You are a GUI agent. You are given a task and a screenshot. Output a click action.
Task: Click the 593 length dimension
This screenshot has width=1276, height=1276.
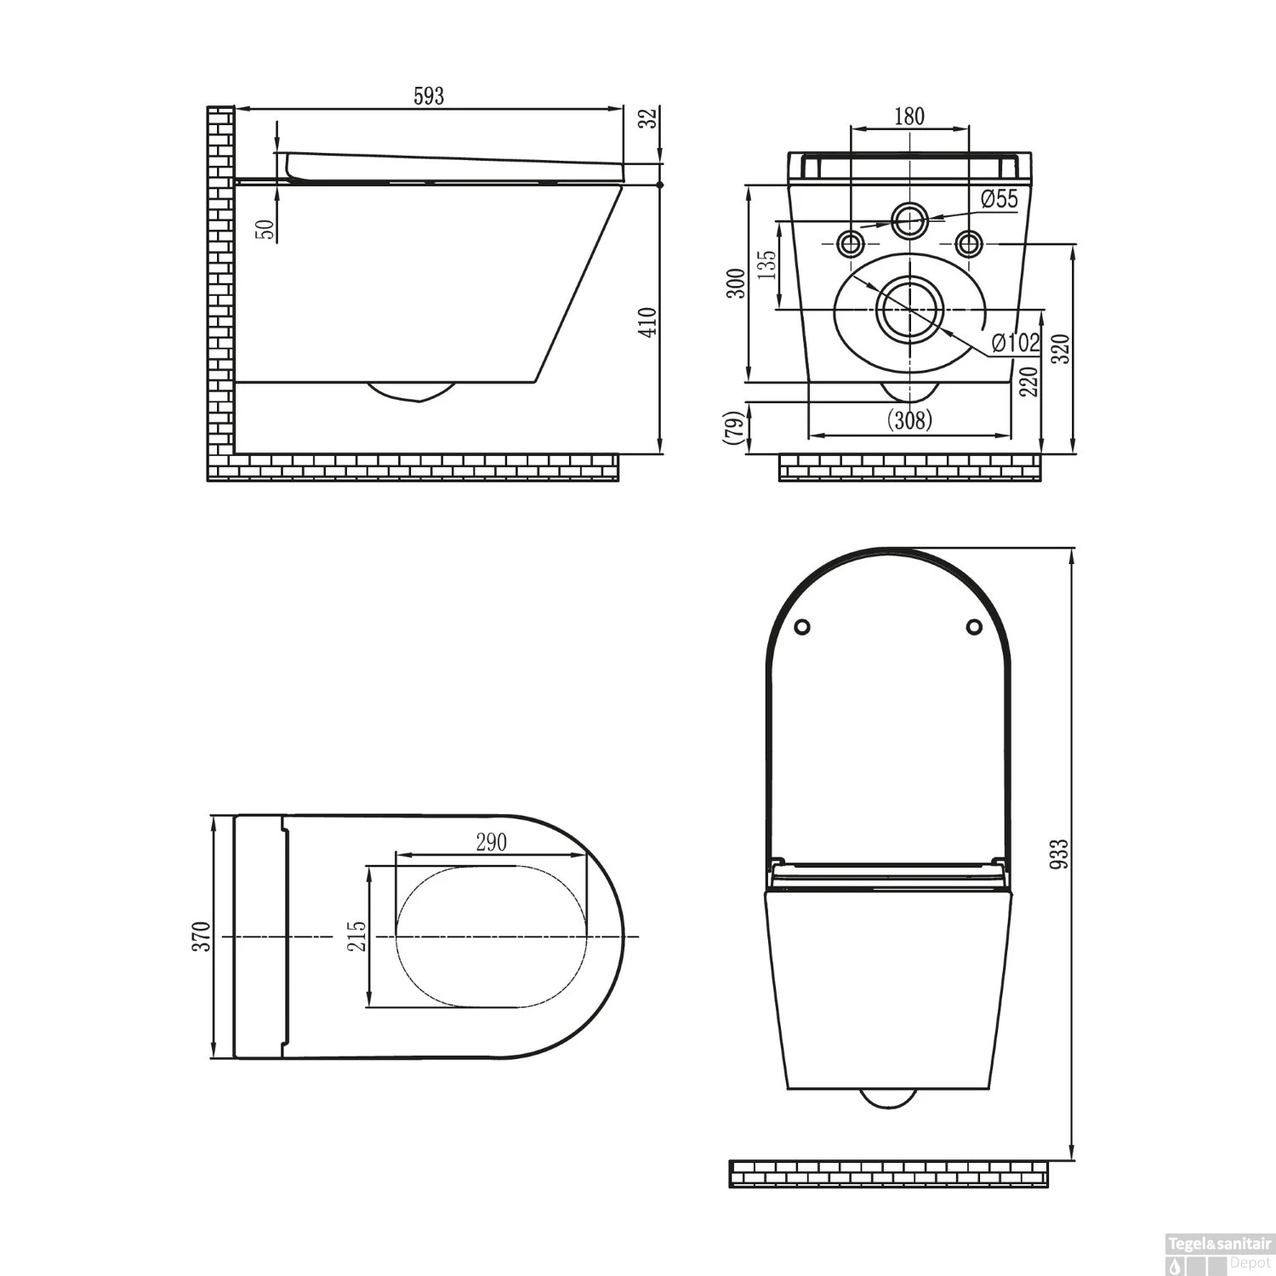coord(429,96)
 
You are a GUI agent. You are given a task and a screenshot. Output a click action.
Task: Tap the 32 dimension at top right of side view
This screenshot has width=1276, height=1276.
coord(649,119)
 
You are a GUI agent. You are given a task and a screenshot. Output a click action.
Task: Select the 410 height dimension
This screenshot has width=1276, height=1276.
coord(648,322)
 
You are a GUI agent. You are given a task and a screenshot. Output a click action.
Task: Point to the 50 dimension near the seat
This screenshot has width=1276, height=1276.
coord(267,229)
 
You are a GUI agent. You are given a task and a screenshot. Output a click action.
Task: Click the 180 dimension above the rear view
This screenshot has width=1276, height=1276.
coord(909,117)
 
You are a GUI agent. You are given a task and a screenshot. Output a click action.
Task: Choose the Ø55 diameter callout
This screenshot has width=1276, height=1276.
coord(999,199)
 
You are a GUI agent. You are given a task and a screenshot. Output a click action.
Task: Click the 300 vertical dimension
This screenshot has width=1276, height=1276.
coord(737,283)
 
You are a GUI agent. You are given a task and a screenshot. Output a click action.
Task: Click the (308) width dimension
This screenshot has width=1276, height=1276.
coord(909,419)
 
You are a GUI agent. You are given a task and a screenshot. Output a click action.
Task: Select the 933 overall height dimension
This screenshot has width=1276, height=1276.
coord(1058,853)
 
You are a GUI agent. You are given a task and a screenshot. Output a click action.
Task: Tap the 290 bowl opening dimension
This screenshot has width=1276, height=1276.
coord(491,842)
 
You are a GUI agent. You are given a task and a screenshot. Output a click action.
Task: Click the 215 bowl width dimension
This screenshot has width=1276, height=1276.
coord(357,936)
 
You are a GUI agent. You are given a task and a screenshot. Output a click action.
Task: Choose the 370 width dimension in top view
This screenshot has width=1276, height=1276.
coord(201,937)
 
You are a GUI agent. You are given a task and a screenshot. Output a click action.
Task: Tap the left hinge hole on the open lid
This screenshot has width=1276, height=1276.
coord(801,627)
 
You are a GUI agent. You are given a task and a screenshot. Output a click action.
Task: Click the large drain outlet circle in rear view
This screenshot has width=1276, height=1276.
coord(909,309)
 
